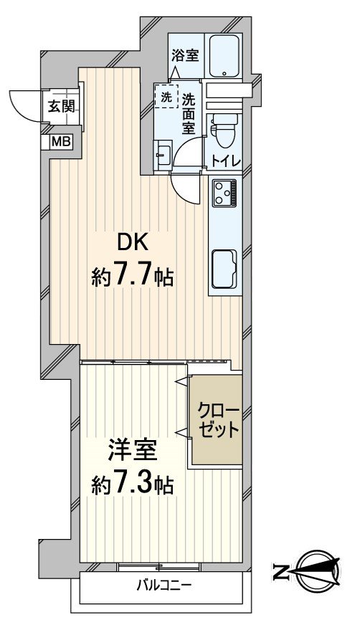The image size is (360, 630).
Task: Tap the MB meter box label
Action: point(60,141)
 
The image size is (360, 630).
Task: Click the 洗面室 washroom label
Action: point(189,113)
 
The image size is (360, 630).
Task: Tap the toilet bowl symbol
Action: point(219,128)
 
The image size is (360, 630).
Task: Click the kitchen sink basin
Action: point(226,268)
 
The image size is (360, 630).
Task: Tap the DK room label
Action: point(133,242)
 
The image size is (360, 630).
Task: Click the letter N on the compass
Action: point(281,571)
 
